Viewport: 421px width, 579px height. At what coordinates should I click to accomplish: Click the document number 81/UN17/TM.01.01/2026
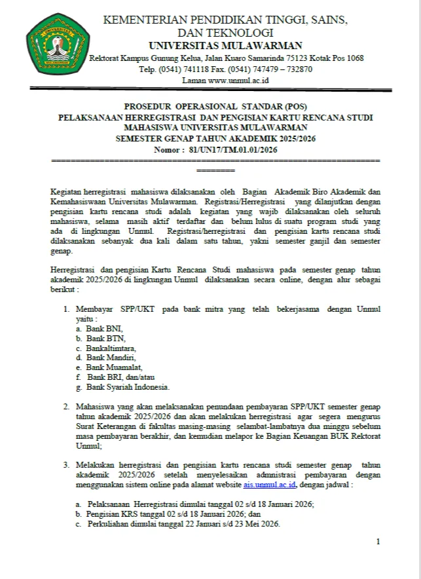coord(233,150)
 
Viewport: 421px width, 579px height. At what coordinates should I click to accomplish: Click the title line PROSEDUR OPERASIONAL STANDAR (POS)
coord(215,107)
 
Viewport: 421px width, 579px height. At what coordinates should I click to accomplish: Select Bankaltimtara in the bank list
coord(111,348)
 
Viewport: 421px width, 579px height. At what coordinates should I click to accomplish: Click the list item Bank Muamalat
coord(114,367)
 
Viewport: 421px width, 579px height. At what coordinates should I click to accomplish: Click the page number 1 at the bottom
coord(378,542)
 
